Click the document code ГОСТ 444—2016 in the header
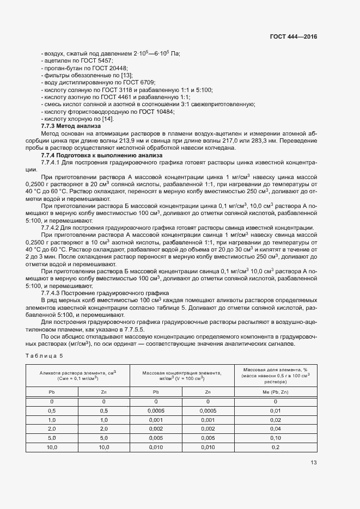click(293, 36)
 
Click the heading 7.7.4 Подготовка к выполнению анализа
click(93, 155)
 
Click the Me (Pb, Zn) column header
click(275, 391)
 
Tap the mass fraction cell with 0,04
click(275, 429)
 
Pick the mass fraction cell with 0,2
click(275, 447)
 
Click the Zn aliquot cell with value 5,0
click(103, 438)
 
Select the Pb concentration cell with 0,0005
click(156, 410)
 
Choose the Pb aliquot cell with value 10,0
click(52, 447)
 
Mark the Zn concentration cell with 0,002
click(208, 429)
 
